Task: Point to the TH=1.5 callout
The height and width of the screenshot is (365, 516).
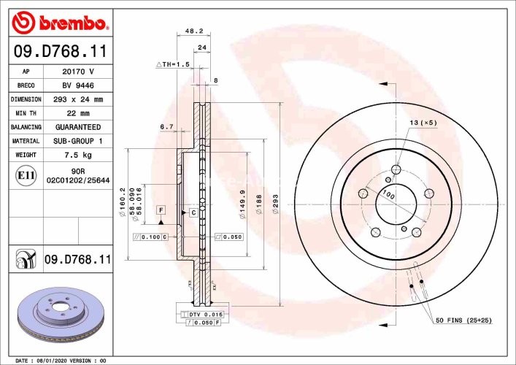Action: click(172, 65)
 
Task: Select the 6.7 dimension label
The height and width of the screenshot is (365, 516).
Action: click(166, 126)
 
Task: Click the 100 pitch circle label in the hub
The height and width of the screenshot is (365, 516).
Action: click(389, 195)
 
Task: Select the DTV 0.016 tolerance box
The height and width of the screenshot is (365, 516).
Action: click(201, 313)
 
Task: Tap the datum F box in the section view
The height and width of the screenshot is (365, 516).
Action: click(161, 210)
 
